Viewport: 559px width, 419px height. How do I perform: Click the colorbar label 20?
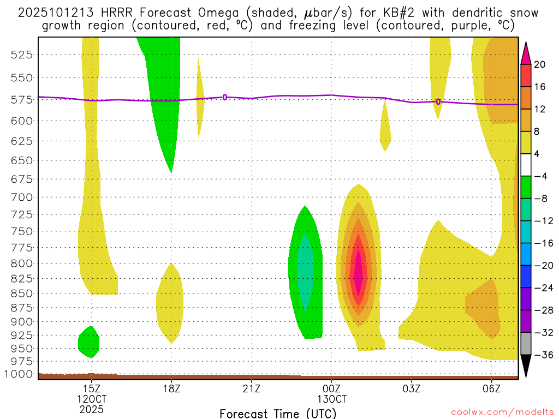tap(540, 64)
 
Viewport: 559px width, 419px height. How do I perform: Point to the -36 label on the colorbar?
tap(543, 355)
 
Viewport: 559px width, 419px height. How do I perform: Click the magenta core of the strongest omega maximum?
tap(358, 273)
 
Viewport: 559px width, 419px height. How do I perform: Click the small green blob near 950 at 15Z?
tap(88, 342)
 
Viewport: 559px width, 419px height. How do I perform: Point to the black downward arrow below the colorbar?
tap(526, 365)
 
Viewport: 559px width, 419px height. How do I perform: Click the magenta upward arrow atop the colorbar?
tap(526, 52)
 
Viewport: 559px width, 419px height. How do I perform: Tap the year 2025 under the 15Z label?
tap(91, 409)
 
